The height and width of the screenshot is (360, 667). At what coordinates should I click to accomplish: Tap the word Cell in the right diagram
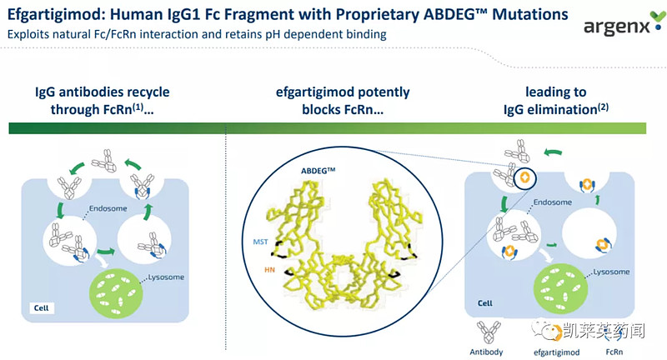(485, 304)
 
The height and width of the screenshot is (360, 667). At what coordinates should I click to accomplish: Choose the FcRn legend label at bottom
(619, 350)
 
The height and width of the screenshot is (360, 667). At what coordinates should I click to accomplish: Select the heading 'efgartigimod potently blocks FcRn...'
(343, 99)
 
